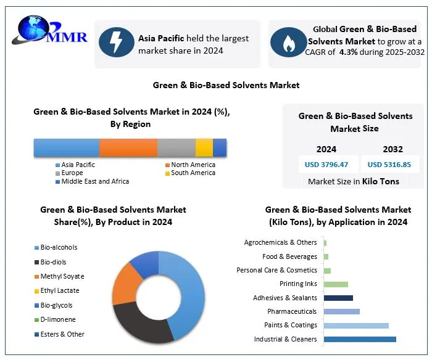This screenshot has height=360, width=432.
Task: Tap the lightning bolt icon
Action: click(116, 43)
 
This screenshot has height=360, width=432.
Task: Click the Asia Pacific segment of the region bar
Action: click(66, 148)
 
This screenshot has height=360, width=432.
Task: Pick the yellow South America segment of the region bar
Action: click(204, 148)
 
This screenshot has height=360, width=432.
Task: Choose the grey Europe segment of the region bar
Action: click(177, 148)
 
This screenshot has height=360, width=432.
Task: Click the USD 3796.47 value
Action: click(326, 165)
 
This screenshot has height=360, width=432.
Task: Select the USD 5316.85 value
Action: click(389, 165)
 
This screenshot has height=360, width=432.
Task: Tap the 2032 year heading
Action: click(393, 149)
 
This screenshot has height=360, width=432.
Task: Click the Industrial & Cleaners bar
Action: click(360, 339)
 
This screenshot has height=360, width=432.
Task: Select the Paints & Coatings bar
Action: click(356, 325)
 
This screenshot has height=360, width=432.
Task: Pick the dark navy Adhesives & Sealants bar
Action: click(338, 298)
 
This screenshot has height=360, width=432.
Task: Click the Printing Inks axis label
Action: click(298, 284)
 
